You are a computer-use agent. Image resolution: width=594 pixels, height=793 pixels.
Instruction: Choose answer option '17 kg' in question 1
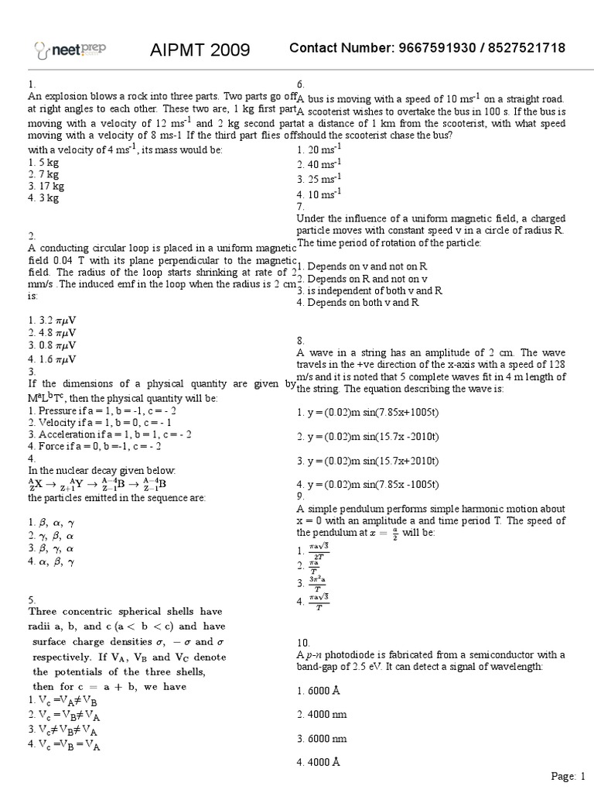pos(46,186)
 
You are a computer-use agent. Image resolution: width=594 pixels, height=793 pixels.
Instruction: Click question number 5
pos(32,599)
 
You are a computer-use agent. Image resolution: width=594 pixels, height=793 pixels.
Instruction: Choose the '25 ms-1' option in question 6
pos(319,178)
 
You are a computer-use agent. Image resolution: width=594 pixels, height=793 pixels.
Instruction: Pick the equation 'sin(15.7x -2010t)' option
pos(368,437)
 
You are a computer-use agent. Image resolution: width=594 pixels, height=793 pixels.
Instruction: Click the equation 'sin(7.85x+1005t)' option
pos(368,414)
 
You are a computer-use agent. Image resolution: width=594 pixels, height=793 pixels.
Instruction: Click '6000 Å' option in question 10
pos(319,690)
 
